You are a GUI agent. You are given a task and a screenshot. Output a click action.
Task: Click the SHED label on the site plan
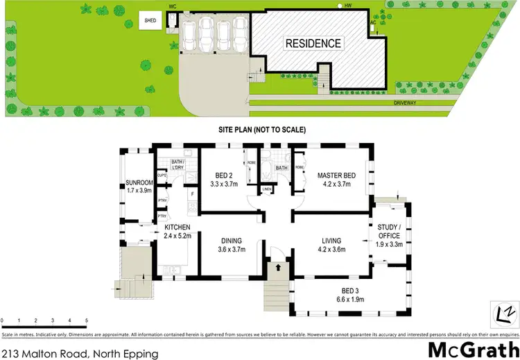tap(150, 21)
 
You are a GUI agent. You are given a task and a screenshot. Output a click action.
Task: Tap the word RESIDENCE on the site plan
tap(314, 44)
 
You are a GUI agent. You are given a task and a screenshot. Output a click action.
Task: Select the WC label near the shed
tap(173, 6)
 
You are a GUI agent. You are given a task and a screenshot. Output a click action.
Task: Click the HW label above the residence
tap(349, 6)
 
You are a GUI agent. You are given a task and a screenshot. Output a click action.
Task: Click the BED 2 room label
tap(223, 180)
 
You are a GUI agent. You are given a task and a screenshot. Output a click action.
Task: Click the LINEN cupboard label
tap(268, 188)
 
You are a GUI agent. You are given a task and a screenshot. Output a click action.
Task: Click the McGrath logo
tap(473, 348)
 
